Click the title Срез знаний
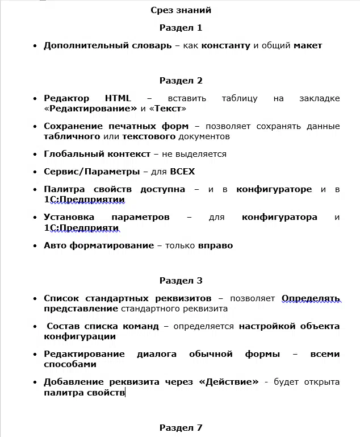pos(181,10)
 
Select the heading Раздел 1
pos(181,27)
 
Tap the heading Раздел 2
pos(181,80)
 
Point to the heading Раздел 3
pos(181,280)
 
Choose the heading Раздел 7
pos(181,427)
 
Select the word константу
pos(226,45)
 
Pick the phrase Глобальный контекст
pos(97,153)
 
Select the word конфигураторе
pos(274,189)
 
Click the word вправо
pos(215,245)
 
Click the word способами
pos(66,364)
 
